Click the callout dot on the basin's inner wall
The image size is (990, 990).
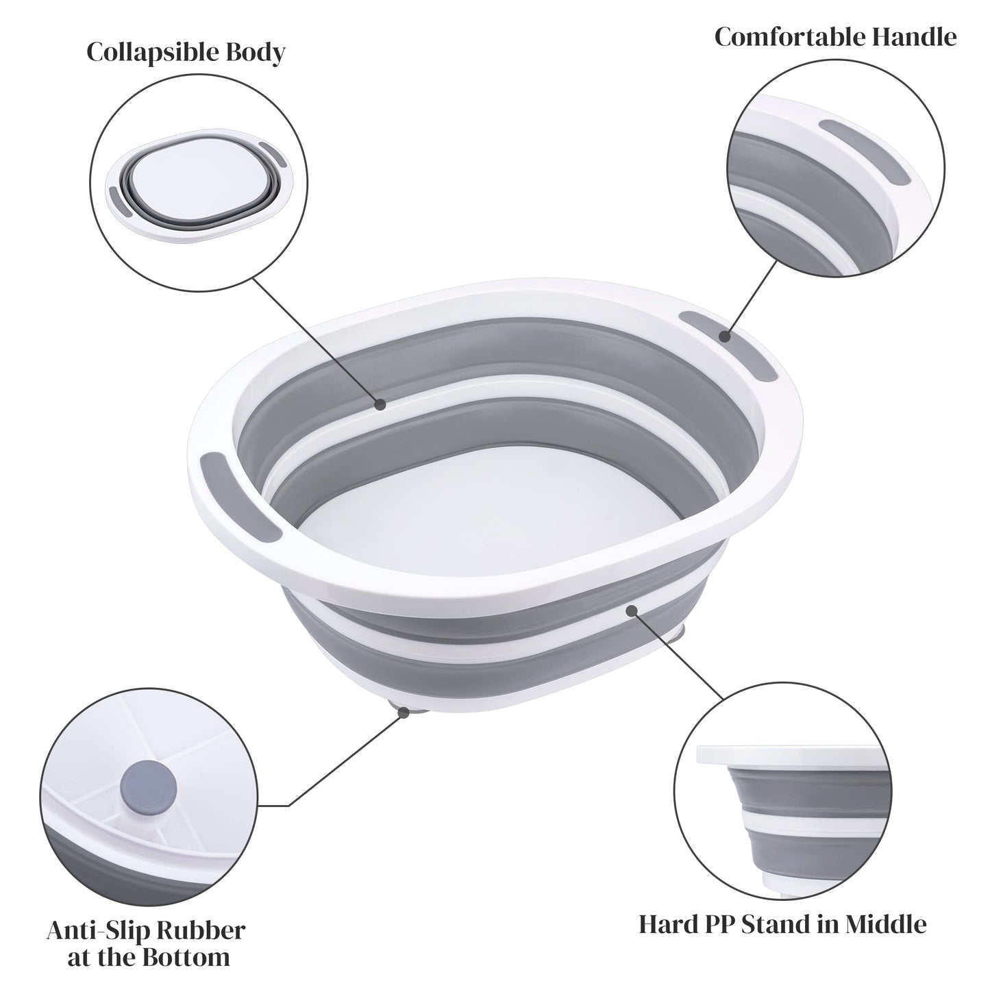click(x=380, y=404)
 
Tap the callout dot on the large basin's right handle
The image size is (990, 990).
click(x=723, y=335)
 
